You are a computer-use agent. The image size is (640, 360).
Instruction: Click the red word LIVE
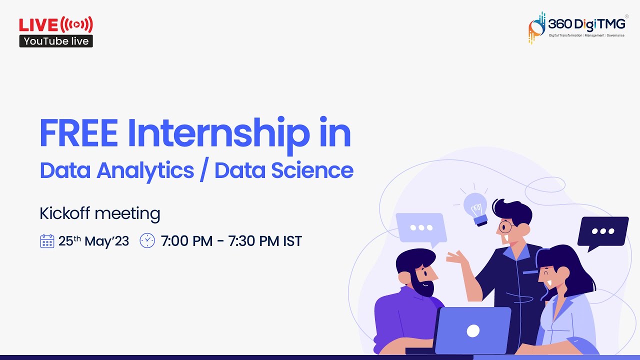[x=38, y=24]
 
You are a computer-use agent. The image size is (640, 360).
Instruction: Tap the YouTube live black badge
[x=56, y=41]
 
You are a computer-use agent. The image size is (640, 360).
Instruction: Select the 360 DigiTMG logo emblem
[x=537, y=27]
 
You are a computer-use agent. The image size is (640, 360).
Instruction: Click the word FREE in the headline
[x=78, y=133]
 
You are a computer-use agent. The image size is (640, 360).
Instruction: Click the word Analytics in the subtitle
[x=145, y=170]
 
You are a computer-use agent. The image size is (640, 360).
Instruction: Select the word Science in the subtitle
[x=312, y=170]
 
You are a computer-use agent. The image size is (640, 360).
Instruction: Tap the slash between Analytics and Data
[x=204, y=171]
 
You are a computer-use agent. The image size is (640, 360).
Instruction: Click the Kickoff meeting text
[x=100, y=213]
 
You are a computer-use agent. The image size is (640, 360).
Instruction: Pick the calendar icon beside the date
[x=47, y=241]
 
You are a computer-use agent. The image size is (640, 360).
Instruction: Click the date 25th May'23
[x=93, y=241]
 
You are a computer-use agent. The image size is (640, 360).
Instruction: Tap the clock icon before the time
[x=147, y=240]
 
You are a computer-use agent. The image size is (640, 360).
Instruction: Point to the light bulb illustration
[x=475, y=207]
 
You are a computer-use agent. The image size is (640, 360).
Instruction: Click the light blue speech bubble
[x=420, y=228]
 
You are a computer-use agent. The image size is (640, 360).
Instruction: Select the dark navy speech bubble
[x=602, y=231]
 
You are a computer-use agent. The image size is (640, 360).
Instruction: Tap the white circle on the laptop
[x=473, y=330]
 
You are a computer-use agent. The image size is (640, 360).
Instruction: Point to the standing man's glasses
[x=506, y=226]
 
